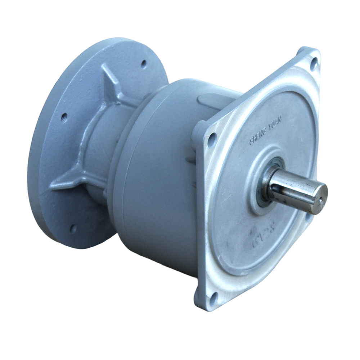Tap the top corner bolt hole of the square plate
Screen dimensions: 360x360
coord(313,64)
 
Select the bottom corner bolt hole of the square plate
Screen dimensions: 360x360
coord(213,297)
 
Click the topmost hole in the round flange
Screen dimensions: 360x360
coord(144,64)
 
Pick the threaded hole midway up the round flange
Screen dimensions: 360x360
coord(64,117)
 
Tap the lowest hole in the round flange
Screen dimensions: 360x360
coord(73,228)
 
